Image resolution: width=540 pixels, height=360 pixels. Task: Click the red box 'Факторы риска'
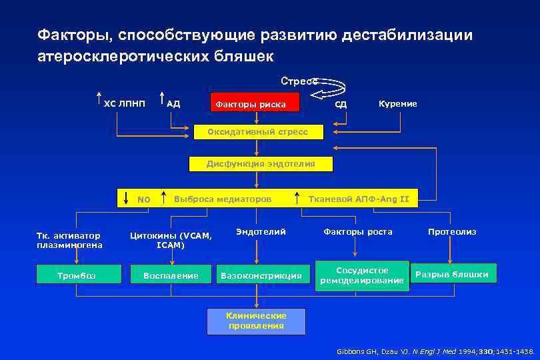pyautogui.click(x=255, y=103)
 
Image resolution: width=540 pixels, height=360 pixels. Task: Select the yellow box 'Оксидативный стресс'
pyautogui.click(x=257, y=132)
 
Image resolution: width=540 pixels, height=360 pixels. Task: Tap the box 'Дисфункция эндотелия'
pyautogui.click(x=261, y=163)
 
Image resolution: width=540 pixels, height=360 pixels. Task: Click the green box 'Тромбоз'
pyautogui.click(x=80, y=275)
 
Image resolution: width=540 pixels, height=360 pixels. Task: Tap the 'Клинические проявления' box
pyautogui.click(x=256, y=321)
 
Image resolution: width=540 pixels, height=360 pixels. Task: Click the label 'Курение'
pyautogui.click(x=398, y=103)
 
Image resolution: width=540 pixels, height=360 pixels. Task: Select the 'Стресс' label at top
pyautogui.click(x=299, y=81)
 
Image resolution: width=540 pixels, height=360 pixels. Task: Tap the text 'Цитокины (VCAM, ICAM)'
pyautogui.click(x=171, y=240)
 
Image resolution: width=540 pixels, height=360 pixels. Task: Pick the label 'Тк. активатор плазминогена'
pyautogui.click(x=69, y=240)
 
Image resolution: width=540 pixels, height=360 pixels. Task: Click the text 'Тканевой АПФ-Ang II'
pyautogui.click(x=359, y=198)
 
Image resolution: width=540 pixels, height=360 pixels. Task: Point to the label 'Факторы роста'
pyautogui.click(x=358, y=232)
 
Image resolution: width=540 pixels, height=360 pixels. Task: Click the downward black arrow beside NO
pyautogui.click(x=127, y=198)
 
